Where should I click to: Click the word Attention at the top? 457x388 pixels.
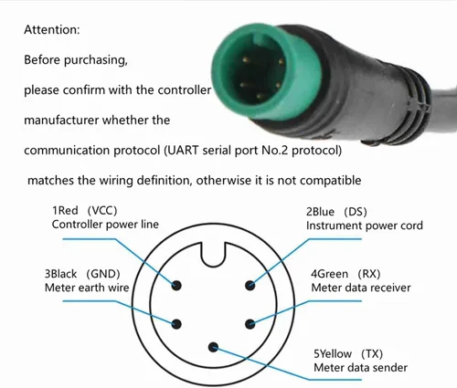pos(51,30)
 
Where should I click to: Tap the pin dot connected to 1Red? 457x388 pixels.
pos(176,285)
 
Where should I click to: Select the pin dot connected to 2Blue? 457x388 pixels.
pos(250,285)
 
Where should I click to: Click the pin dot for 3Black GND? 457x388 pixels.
pos(176,324)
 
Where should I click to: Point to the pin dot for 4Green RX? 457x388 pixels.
pos(250,324)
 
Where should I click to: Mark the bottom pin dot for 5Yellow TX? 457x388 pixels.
pos(213,347)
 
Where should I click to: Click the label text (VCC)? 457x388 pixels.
pos(102,210)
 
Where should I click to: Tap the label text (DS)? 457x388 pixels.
pos(356,212)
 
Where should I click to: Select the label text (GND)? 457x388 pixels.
pos(103,274)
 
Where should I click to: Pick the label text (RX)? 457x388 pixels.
pos(369,274)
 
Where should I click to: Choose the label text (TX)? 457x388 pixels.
pos(372,353)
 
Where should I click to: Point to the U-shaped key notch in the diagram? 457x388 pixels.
pos(213,255)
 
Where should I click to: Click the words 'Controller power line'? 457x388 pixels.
pos(105,225)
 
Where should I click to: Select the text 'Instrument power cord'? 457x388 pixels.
pos(365,225)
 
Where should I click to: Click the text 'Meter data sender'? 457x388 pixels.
pos(361,368)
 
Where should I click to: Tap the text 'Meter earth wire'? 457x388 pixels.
pos(87,288)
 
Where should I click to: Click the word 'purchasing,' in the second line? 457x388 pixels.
pos(96,60)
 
